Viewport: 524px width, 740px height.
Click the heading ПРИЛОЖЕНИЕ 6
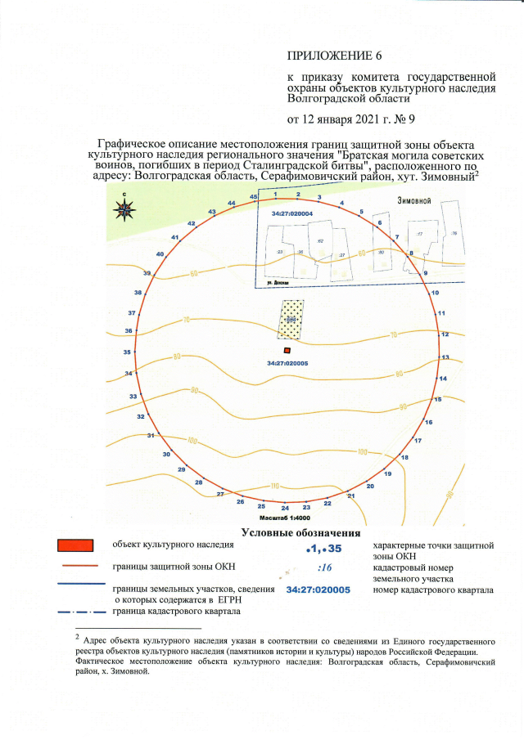coord(334,56)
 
